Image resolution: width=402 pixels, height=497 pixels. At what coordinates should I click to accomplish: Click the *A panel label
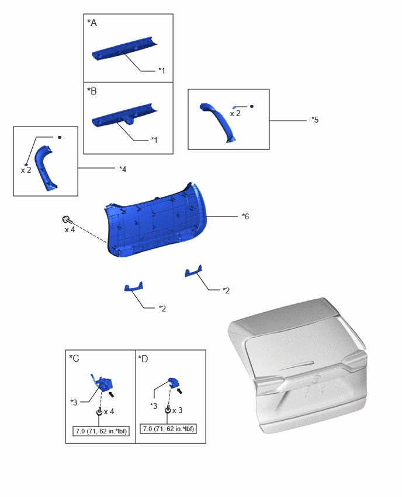[92, 23]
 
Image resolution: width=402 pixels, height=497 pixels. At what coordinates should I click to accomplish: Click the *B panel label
[92, 91]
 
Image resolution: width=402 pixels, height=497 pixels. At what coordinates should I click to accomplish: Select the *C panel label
[74, 359]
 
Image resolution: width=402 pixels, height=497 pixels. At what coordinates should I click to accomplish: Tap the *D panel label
[143, 359]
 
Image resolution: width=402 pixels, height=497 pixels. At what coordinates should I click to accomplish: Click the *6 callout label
[245, 216]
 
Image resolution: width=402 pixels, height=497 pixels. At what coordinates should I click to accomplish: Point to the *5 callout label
[315, 120]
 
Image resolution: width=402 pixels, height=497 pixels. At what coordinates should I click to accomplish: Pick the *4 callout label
[123, 169]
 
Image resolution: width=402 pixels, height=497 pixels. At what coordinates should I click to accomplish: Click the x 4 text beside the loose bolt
[70, 229]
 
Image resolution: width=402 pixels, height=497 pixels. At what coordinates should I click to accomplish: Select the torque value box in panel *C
[101, 431]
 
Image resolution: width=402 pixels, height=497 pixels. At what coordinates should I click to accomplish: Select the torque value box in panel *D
[168, 429]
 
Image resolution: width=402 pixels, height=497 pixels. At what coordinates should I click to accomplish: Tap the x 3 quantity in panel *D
[177, 411]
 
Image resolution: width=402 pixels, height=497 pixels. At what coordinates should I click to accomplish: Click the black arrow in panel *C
[111, 394]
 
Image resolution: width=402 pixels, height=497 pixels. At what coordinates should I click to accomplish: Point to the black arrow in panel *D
[179, 391]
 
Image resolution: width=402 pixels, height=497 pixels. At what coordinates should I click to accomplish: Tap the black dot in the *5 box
[252, 107]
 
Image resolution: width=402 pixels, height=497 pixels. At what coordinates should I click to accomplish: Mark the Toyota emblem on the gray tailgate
[316, 379]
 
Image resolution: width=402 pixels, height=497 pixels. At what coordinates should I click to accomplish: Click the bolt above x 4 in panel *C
[99, 411]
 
